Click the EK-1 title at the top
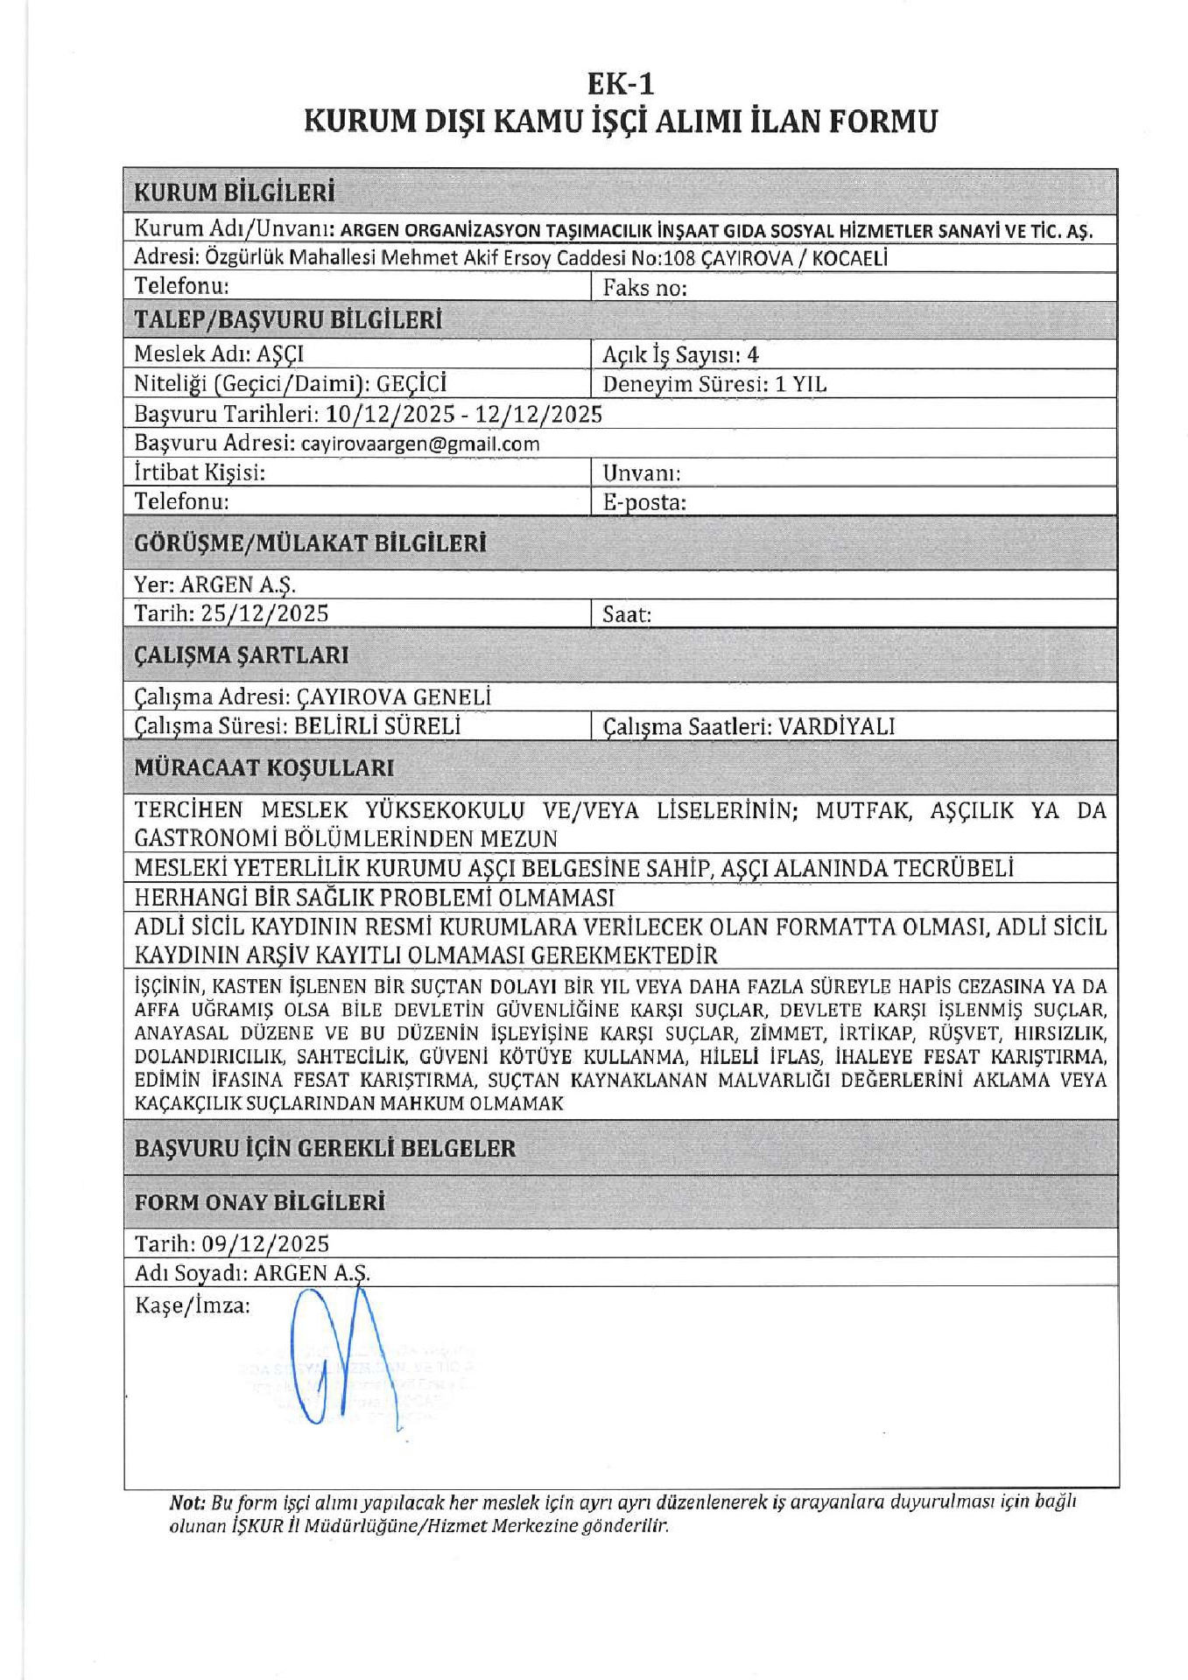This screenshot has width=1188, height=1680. (x=620, y=84)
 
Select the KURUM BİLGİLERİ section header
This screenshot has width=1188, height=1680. (x=234, y=192)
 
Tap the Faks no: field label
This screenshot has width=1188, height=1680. (x=644, y=288)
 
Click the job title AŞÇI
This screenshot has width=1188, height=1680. (x=280, y=354)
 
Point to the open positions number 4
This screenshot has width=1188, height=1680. (x=752, y=354)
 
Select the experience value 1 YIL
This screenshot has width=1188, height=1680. (x=800, y=384)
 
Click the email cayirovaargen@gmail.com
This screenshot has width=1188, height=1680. (x=420, y=444)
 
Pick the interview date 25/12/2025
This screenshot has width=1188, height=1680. (x=264, y=613)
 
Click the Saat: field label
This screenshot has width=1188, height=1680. (x=627, y=614)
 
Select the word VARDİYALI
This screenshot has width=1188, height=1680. (x=837, y=726)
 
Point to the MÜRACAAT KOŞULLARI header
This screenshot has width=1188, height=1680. (x=264, y=767)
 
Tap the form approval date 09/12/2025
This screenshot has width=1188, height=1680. (x=265, y=1243)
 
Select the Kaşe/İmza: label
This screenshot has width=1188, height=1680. (x=192, y=1305)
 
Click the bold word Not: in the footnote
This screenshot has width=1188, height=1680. (x=186, y=1502)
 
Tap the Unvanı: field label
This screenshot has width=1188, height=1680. (x=641, y=473)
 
